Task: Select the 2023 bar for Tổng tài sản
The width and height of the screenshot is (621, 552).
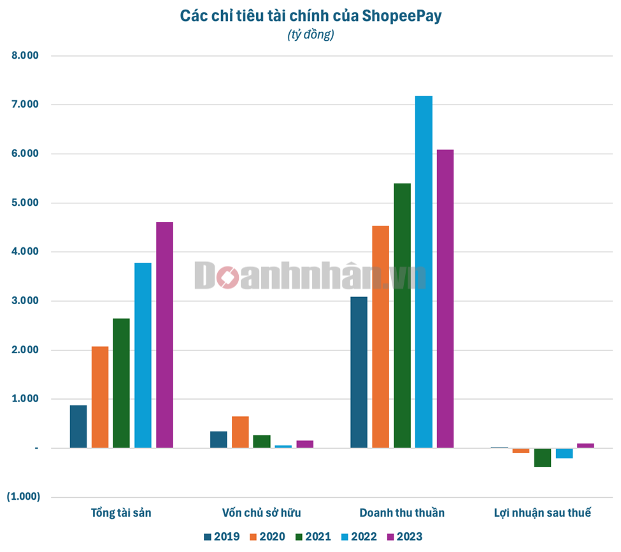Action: [164, 335]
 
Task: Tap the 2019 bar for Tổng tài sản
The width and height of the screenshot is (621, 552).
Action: [78, 426]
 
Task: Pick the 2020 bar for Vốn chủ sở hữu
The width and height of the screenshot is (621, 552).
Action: [240, 432]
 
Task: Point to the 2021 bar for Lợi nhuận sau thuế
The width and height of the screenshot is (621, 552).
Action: [543, 458]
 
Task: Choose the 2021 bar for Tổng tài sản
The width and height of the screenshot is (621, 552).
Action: [121, 383]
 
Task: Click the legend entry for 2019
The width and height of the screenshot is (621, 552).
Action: [222, 537]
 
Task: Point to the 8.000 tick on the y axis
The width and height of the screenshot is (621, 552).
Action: [25, 56]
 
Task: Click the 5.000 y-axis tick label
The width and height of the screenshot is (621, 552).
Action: [25, 203]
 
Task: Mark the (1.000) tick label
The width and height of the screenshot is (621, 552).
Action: [24, 497]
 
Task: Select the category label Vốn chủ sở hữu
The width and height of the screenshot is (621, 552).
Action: [262, 512]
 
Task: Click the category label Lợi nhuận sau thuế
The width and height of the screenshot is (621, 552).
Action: [542, 512]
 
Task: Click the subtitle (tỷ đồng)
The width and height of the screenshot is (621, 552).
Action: [311, 34]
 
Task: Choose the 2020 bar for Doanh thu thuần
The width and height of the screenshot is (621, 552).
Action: [381, 337]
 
